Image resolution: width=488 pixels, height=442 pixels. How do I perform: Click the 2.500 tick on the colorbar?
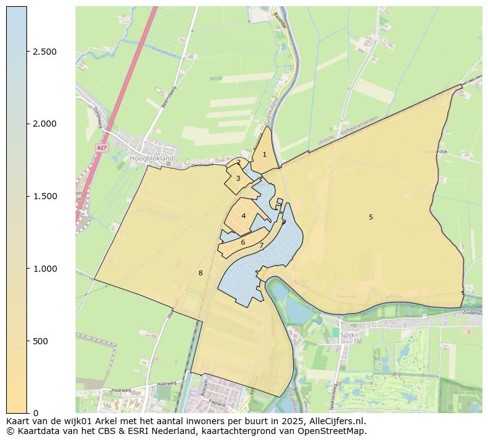click(x=27, y=52)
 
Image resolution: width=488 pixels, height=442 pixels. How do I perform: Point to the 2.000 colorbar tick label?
click(x=44, y=124)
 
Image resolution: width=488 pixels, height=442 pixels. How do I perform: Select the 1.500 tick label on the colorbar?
click(x=44, y=197)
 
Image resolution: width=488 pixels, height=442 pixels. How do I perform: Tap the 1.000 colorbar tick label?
click(x=44, y=269)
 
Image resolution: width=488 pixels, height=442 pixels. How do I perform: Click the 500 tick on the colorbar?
click(x=27, y=341)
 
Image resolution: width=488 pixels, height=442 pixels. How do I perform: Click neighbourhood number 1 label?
click(x=264, y=155)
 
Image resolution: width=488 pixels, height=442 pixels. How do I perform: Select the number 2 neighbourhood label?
click(x=238, y=163)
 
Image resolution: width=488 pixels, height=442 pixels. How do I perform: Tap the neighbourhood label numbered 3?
click(x=238, y=179)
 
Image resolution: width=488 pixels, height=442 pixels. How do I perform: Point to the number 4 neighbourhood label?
click(x=243, y=216)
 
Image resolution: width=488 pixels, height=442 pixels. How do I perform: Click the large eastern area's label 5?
click(x=371, y=217)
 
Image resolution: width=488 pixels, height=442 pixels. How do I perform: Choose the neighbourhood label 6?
click(x=243, y=242)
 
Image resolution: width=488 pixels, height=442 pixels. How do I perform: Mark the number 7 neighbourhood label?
click(x=261, y=246)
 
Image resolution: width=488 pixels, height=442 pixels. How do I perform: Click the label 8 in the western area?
click(x=200, y=273)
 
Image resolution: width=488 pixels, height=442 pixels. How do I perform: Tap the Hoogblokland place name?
click(x=152, y=159)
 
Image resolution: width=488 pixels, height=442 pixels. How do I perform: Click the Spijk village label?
click(x=347, y=336)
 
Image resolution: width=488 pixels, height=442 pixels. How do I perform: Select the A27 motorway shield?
click(x=101, y=148)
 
